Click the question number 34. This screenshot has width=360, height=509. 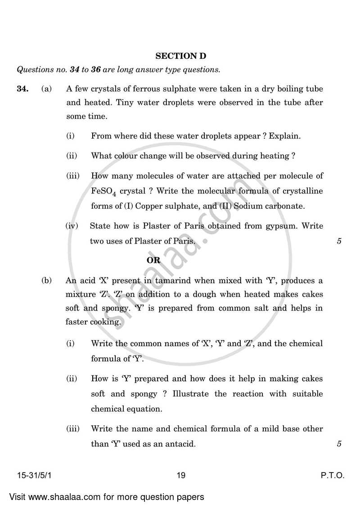coord(22,89)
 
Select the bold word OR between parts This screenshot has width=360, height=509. coord(154,260)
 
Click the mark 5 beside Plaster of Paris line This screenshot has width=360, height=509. coord(339,241)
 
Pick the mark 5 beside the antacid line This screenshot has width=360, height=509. coord(339,444)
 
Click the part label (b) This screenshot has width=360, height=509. coord(46,281)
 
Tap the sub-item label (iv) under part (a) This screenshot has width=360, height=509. coord(72,226)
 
